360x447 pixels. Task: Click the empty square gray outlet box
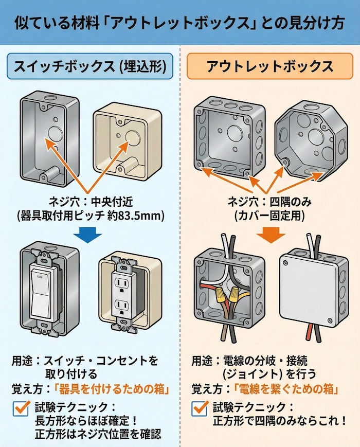226,136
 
